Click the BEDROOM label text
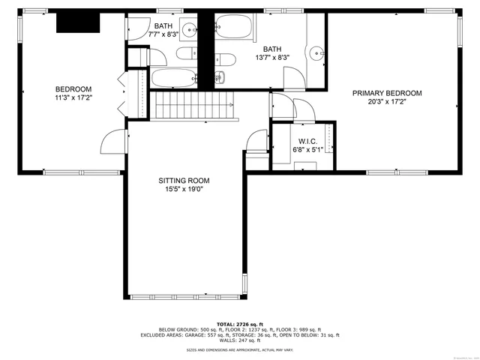pyautogui.click(x=73, y=88)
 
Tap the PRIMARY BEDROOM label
pyautogui.click(x=387, y=93)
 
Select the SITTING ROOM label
pyautogui.click(x=183, y=181)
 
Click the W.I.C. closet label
pyautogui.click(x=307, y=140)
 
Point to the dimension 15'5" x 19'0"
pyautogui.click(x=183, y=190)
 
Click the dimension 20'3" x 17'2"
pyautogui.click(x=387, y=102)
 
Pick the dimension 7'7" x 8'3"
pyautogui.click(x=163, y=34)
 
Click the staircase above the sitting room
pyautogui.click(x=191, y=105)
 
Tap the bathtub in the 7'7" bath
pyautogui.click(x=174, y=79)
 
